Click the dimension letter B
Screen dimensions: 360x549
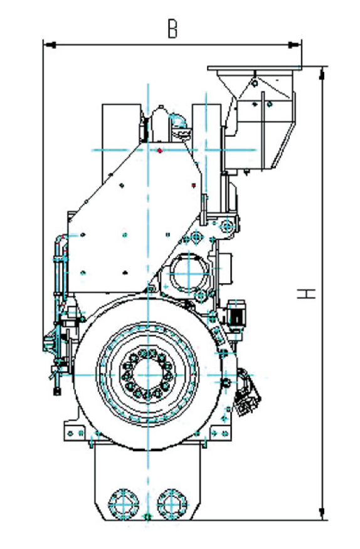coord(172,29)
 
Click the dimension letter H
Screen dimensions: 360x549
coord(306,293)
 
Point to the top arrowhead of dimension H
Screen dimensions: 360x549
coord(322,73)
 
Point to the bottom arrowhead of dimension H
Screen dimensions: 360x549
coord(322,513)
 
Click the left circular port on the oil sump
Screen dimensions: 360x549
coord(124,503)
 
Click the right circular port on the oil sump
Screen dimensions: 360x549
coord(172,503)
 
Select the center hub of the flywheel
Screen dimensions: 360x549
coord(148,375)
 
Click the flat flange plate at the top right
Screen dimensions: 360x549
coord(255,68)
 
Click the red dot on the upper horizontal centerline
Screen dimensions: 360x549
coord(160,151)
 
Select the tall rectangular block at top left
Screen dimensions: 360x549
coord(121,144)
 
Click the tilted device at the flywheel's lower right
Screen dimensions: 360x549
coord(248,393)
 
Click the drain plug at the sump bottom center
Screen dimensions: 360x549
coord(148,516)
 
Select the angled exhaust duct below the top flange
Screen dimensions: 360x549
coord(260,120)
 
